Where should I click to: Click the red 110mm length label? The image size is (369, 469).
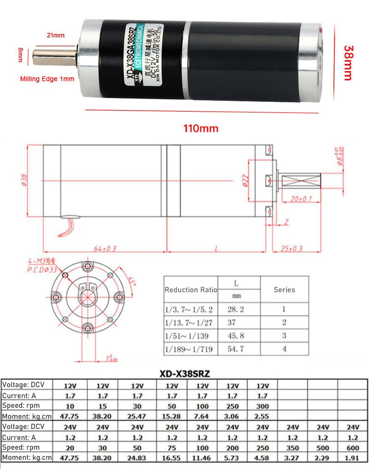201,128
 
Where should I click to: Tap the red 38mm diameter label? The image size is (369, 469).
350,63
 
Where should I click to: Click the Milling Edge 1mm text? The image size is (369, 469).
47,79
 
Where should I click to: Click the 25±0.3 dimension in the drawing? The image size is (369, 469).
292,249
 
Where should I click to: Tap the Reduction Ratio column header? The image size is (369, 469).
191,290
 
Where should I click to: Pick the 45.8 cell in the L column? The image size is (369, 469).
235,336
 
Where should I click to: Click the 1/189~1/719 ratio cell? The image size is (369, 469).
189,349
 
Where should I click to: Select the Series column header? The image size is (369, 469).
284,290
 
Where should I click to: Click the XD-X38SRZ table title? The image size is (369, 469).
184,374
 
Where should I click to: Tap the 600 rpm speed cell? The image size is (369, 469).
352,447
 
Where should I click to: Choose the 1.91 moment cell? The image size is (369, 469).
352,458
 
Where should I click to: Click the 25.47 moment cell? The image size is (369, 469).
137,416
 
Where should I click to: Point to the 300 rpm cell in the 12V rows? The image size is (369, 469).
262,406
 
